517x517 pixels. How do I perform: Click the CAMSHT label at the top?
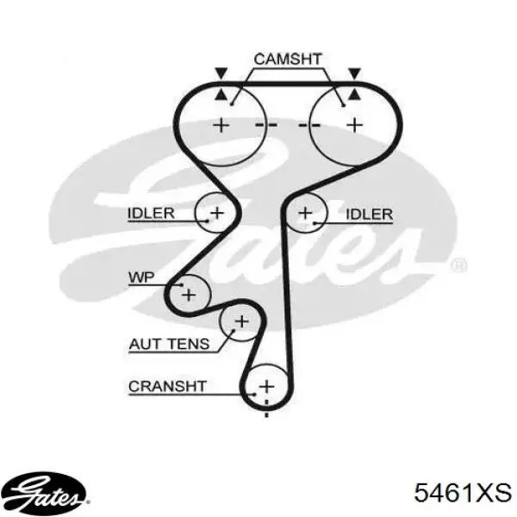click(288, 59)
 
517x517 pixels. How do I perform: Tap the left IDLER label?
click(151, 214)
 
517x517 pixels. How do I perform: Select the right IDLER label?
click(370, 215)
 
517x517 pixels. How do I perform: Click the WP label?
click(141, 277)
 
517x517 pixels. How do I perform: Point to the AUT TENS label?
click(169, 344)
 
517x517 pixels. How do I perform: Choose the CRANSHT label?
click(167, 386)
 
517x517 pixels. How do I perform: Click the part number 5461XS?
click(463, 493)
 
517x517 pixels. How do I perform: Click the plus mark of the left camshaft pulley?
click(221, 125)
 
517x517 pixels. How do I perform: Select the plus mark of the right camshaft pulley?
click(355, 125)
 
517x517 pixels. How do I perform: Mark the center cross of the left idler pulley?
click(217, 213)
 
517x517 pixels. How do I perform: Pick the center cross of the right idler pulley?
click(305, 213)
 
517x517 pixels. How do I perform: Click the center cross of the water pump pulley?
click(189, 295)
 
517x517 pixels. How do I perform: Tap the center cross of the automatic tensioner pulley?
click(242, 321)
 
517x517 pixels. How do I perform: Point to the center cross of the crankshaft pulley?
click(266, 386)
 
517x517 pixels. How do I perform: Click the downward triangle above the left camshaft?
click(221, 73)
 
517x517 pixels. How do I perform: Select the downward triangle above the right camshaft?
click(355, 73)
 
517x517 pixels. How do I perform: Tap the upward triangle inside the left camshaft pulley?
click(221, 95)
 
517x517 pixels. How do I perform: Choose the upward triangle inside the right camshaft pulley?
click(355, 95)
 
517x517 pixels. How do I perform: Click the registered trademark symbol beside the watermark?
click(458, 265)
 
